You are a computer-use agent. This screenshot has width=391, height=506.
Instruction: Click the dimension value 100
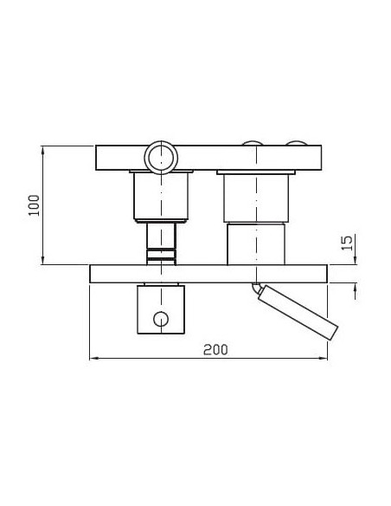coord(34,205)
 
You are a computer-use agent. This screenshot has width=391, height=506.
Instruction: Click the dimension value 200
coord(215,349)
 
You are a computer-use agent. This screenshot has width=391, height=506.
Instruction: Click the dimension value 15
coord(347,243)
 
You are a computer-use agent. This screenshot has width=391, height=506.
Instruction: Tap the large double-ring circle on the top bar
coord(161,158)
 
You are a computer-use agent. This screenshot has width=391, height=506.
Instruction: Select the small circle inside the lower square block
coord(161,319)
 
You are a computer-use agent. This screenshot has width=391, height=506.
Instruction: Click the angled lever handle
coord(298,312)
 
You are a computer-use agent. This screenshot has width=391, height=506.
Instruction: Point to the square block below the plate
coord(161,309)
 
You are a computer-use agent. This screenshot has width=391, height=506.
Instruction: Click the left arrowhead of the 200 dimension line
coord(93,358)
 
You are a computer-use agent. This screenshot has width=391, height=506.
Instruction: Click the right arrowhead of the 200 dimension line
coord(323,358)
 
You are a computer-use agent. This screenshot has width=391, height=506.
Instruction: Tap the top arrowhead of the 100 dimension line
coord(43,151)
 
